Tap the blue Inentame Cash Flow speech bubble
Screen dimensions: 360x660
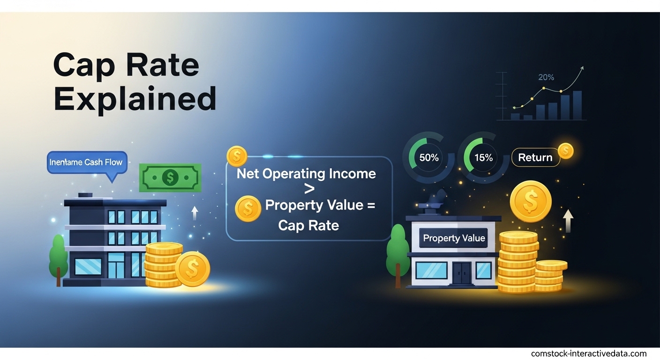pos(87,163)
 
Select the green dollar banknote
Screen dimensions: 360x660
pos(170,177)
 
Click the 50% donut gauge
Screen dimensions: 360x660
pos(428,157)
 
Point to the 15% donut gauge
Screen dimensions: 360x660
pos(483,157)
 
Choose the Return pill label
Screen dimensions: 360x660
pos(535,157)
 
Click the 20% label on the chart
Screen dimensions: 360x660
pos(546,77)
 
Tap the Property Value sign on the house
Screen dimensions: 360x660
pos(454,238)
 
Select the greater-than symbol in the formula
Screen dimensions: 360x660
pos(309,189)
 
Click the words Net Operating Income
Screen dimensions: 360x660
pos(306,173)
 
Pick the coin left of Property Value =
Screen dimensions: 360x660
pos(248,209)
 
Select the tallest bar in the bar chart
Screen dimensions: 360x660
pos(577,105)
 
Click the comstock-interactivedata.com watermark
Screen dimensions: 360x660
pos(589,353)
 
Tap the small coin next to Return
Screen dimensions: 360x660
pos(566,151)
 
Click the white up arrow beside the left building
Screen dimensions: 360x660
pos(195,213)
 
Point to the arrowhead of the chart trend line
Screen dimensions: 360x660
pos(582,68)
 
